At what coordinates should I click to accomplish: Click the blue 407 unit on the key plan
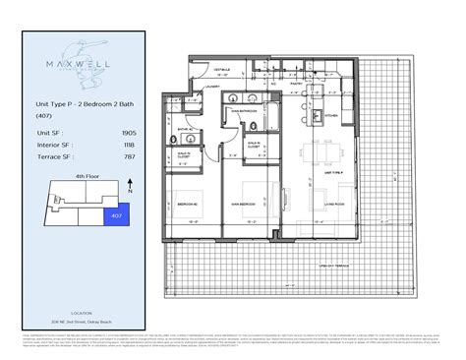115,212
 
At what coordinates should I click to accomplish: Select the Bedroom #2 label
188,204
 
